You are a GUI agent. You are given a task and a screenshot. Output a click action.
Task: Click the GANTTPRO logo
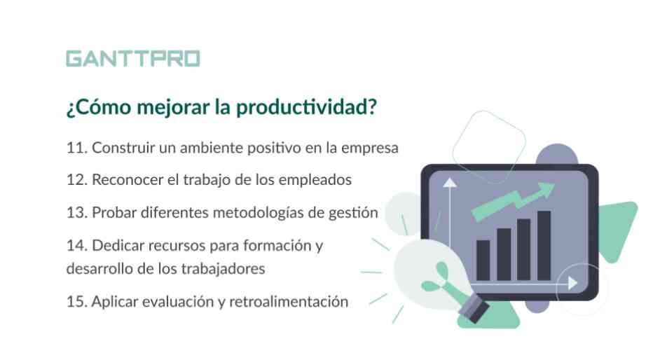click(133, 59)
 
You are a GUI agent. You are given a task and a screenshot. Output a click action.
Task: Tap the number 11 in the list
click(76, 148)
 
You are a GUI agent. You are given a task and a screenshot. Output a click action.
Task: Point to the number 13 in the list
click(76, 213)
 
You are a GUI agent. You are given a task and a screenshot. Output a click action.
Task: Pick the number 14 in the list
click(76, 246)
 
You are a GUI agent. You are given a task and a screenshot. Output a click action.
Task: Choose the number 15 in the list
click(76, 302)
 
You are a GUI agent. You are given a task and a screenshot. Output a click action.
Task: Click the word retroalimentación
click(289, 302)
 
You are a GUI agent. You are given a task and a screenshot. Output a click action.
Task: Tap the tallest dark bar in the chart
click(544, 246)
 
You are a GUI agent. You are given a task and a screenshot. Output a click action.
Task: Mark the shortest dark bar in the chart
click(483, 261)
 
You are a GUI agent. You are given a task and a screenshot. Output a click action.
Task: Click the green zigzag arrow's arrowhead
click(546, 191)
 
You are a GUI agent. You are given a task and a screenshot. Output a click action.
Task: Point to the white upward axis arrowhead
click(450, 183)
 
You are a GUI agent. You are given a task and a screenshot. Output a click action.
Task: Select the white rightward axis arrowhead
click(572, 283)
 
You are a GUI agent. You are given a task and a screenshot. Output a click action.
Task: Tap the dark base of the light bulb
click(474, 309)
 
